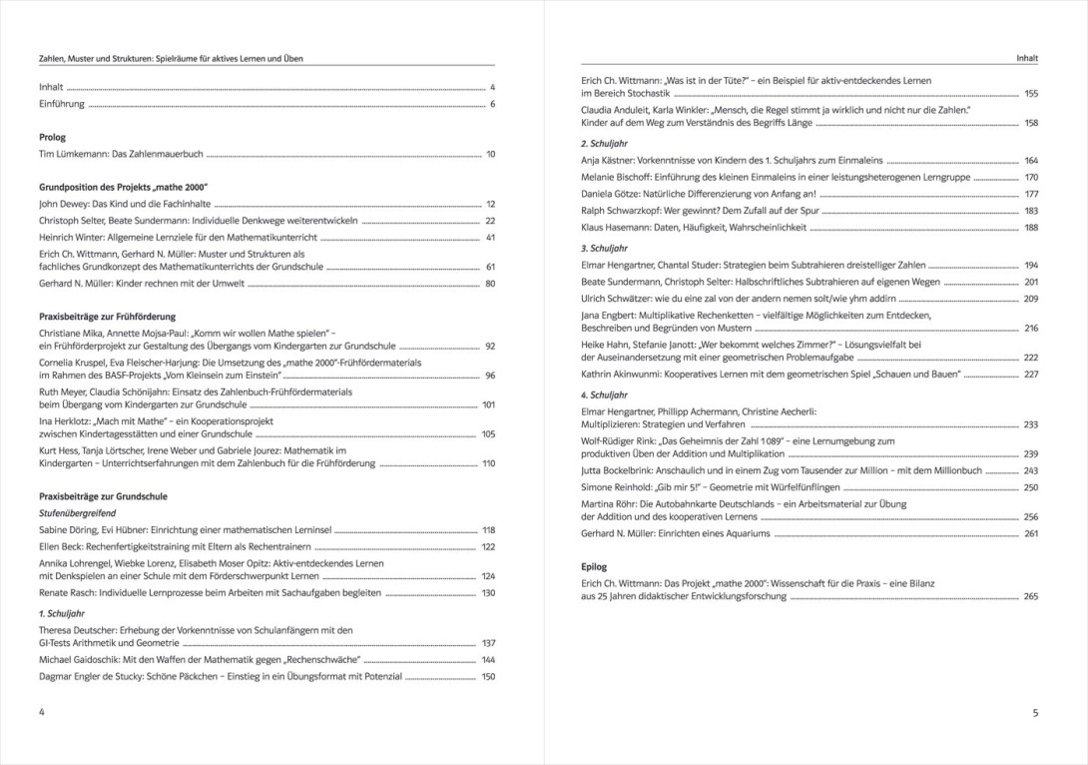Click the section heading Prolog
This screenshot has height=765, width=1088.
pyautogui.click(x=52, y=137)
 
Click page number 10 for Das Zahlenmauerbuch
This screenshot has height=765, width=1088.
pyautogui.click(x=490, y=155)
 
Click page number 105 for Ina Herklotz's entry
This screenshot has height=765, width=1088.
pyautogui.click(x=489, y=434)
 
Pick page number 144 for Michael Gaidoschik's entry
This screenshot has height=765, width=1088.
pyautogui.click(x=489, y=660)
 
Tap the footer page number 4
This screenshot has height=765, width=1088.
pyautogui.click(x=42, y=712)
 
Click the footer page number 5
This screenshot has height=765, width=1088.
pyautogui.click(x=1035, y=713)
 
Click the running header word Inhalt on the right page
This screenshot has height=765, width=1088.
pyautogui.click(x=1027, y=59)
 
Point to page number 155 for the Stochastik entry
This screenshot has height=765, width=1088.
pyautogui.click(x=1031, y=93)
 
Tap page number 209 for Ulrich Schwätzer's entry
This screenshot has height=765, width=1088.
pyautogui.click(x=1031, y=299)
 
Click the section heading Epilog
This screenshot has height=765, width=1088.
pyautogui.click(x=594, y=566)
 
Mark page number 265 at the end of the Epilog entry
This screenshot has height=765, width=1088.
pyautogui.click(x=1031, y=596)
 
